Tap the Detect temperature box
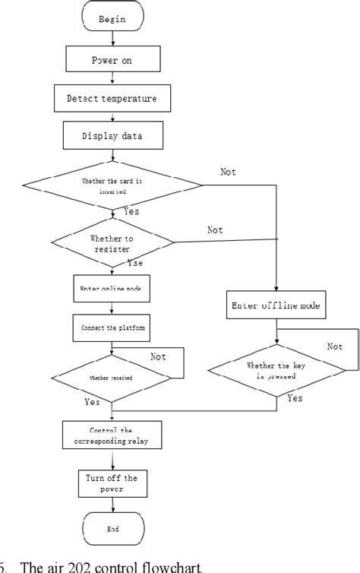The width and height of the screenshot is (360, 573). (112, 98)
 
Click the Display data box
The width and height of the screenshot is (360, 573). (112, 137)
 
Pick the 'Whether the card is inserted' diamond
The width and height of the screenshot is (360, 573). (112, 185)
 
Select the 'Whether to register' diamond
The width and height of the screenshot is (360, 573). (112, 243)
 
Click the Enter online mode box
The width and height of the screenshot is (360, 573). (112, 289)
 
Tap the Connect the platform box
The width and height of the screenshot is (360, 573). (112, 328)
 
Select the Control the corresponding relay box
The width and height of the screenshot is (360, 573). (112, 435)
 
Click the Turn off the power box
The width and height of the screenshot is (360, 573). (112, 483)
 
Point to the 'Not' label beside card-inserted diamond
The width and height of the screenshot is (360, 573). (229, 172)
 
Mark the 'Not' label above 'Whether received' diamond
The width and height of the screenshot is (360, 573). (159, 356)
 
